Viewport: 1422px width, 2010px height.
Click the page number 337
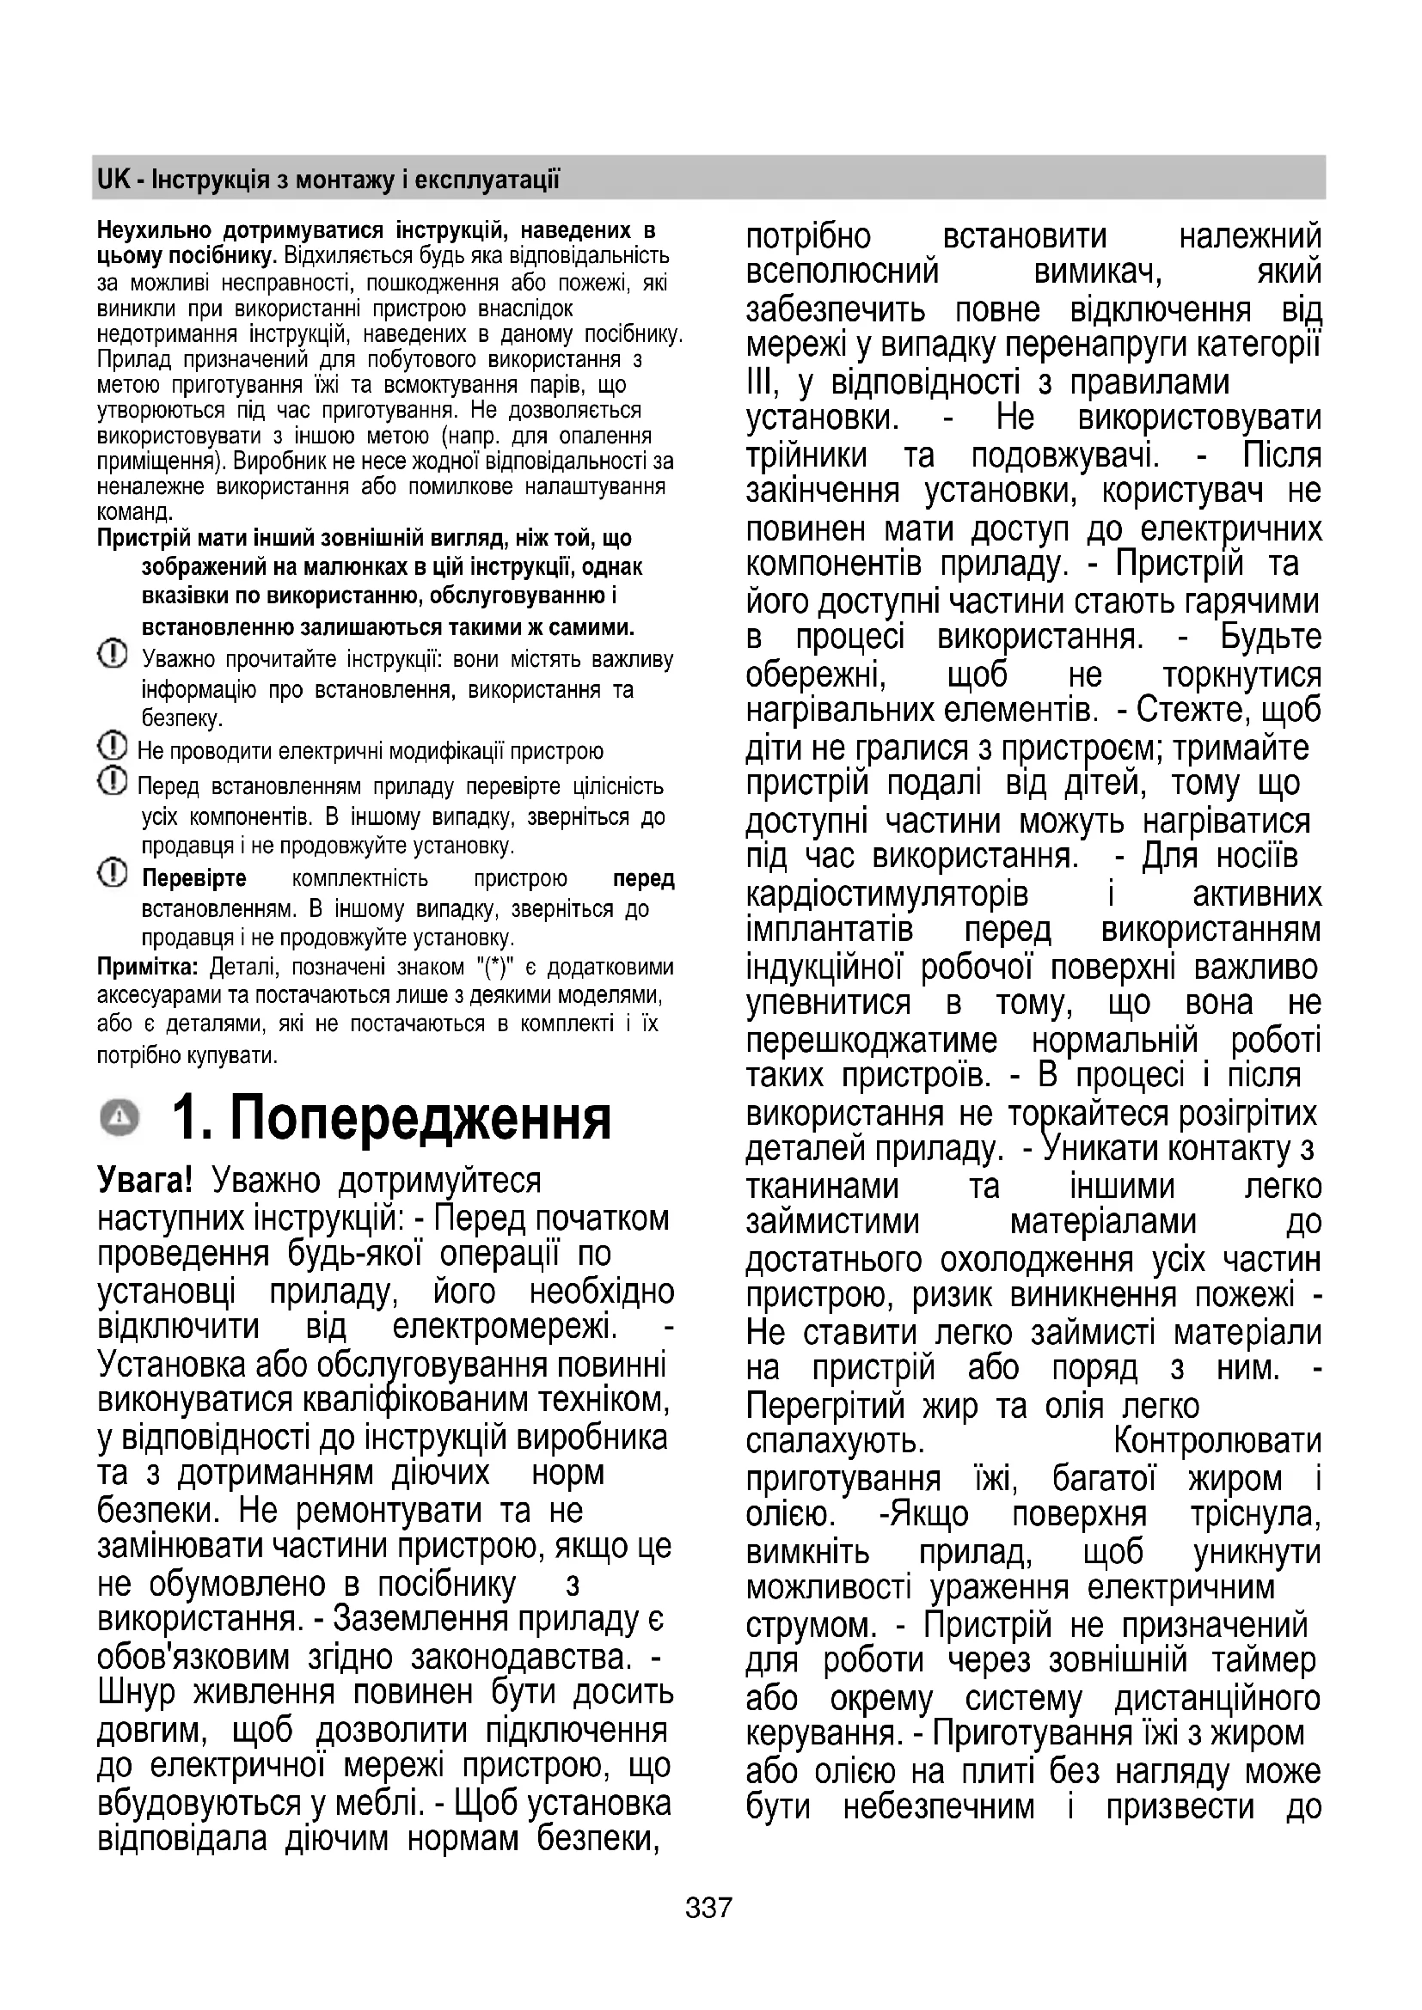[x=708, y=1907]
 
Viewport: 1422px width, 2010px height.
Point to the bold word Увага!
[x=144, y=1180]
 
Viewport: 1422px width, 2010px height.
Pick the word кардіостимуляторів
[x=887, y=894]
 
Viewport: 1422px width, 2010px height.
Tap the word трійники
[x=806, y=455]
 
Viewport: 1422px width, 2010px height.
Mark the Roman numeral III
[x=760, y=382]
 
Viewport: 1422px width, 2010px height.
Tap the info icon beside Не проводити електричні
[x=111, y=748]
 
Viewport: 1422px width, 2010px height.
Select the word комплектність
[x=360, y=878]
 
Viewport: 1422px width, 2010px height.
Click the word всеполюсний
[x=842, y=272]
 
